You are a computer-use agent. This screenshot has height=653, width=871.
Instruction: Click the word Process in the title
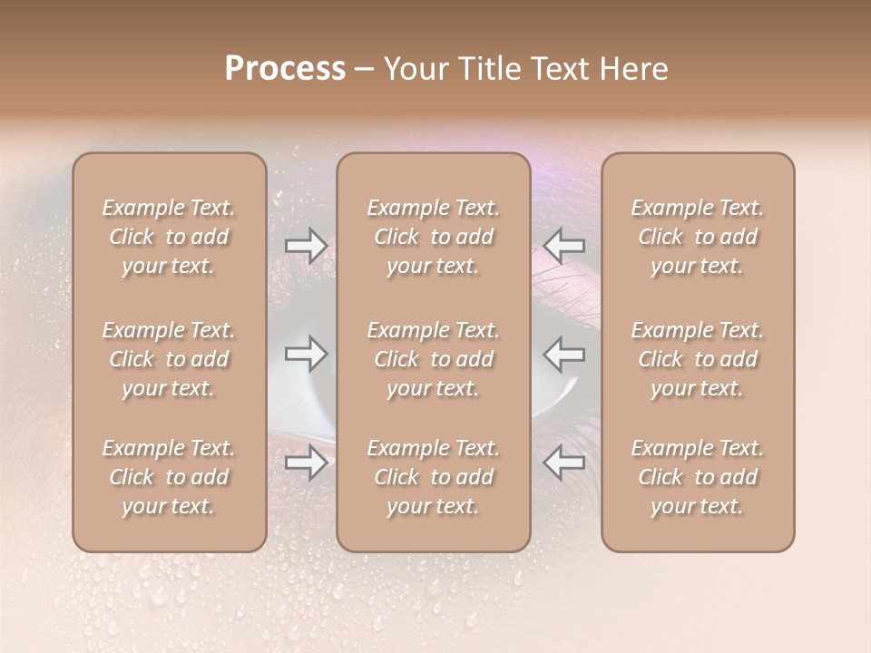click(x=285, y=69)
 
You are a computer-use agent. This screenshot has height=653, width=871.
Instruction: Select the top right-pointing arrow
click(x=307, y=245)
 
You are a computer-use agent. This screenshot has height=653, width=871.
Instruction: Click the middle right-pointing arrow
click(x=307, y=354)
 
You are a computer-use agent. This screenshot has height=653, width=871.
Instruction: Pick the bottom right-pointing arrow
click(x=307, y=463)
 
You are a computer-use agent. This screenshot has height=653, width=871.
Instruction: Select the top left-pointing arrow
click(x=564, y=245)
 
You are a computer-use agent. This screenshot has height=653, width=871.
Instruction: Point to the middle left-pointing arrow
click(x=564, y=354)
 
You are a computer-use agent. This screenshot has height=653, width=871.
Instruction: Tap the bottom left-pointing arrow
click(x=564, y=463)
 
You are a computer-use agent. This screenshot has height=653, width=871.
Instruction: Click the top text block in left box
click(x=169, y=237)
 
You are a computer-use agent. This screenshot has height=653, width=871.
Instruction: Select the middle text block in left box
click(x=169, y=359)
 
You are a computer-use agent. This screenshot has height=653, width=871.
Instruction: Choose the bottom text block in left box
click(x=169, y=477)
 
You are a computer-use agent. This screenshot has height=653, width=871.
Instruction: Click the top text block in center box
click(x=434, y=237)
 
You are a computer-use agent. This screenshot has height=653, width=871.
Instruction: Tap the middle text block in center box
click(x=434, y=359)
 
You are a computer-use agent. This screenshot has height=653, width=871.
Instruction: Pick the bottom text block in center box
click(x=434, y=477)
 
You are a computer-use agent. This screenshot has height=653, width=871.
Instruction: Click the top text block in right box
click(x=698, y=237)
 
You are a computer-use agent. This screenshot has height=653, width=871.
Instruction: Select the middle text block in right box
click(x=698, y=359)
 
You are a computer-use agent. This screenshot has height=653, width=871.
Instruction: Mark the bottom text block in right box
click(x=698, y=477)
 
